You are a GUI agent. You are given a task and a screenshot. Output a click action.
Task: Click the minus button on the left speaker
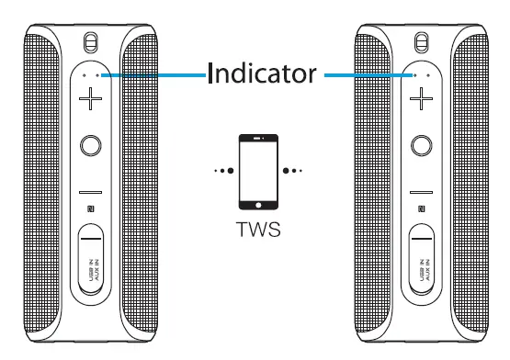pos(89,192)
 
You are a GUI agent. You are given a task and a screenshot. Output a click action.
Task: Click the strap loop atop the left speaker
pos(89,42)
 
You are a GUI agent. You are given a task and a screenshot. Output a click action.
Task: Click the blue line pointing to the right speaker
pos(368,76)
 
